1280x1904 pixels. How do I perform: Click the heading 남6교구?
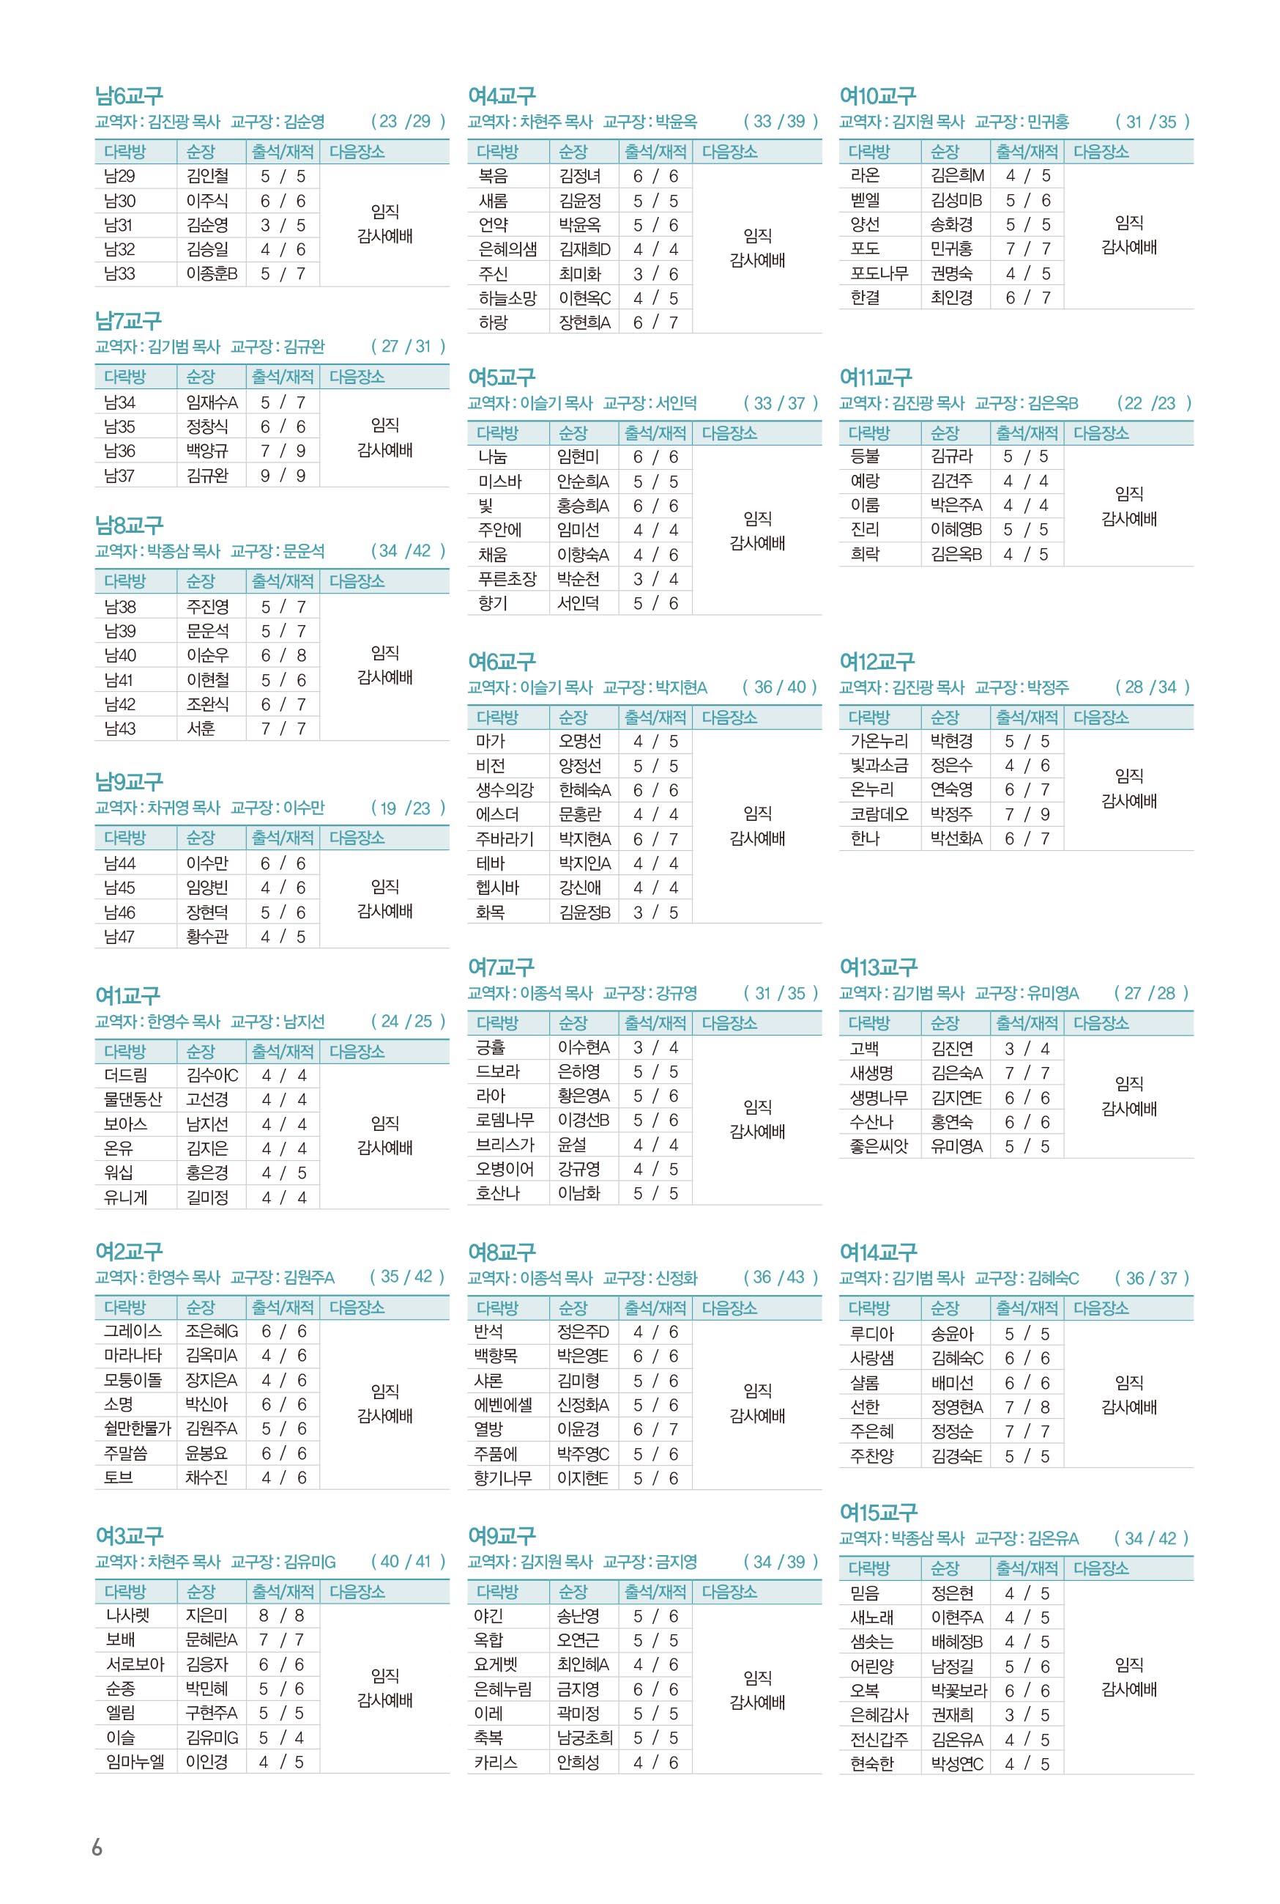(x=129, y=97)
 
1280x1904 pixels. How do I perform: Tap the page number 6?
(x=97, y=1847)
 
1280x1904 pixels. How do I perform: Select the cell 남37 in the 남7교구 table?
(x=120, y=476)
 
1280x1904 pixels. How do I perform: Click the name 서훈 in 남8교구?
(x=201, y=728)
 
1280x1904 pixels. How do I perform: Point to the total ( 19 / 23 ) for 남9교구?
(x=408, y=808)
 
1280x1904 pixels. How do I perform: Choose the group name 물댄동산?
(x=133, y=1099)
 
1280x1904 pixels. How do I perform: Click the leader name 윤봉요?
(x=206, y=1453)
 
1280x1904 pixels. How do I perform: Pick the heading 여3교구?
(x=129, y=1536)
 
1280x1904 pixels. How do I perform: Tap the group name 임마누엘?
(x=135, y=1762)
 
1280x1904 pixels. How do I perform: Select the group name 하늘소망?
(x=507, y=298)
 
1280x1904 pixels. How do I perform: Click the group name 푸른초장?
(x=507, y=579)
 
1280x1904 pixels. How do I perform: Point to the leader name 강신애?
(x=580, y=888)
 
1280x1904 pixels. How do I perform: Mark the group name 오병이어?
(x=505, y=1169)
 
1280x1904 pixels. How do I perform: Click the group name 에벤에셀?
(x=504, y=1405)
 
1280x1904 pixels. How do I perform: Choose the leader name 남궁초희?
(x=584, y=1738)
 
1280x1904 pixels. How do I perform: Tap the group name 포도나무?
(x=879, y=273)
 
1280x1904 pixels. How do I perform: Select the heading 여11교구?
(x=875, y=377)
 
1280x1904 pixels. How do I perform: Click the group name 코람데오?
(x=879, y=814)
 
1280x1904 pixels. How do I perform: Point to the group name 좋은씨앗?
(x=879, y=1146)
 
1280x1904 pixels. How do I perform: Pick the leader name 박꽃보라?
(x=959, y=1690)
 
